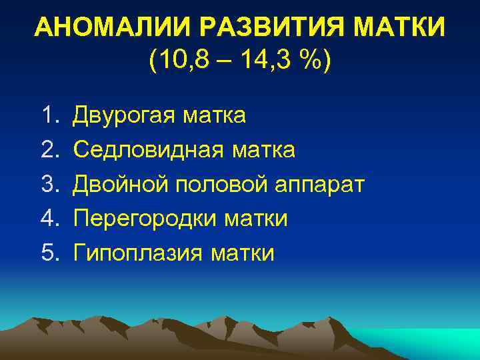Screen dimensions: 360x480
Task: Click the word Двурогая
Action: tap(123, 116)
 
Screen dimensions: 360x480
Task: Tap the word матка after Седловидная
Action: tap(264, 150)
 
